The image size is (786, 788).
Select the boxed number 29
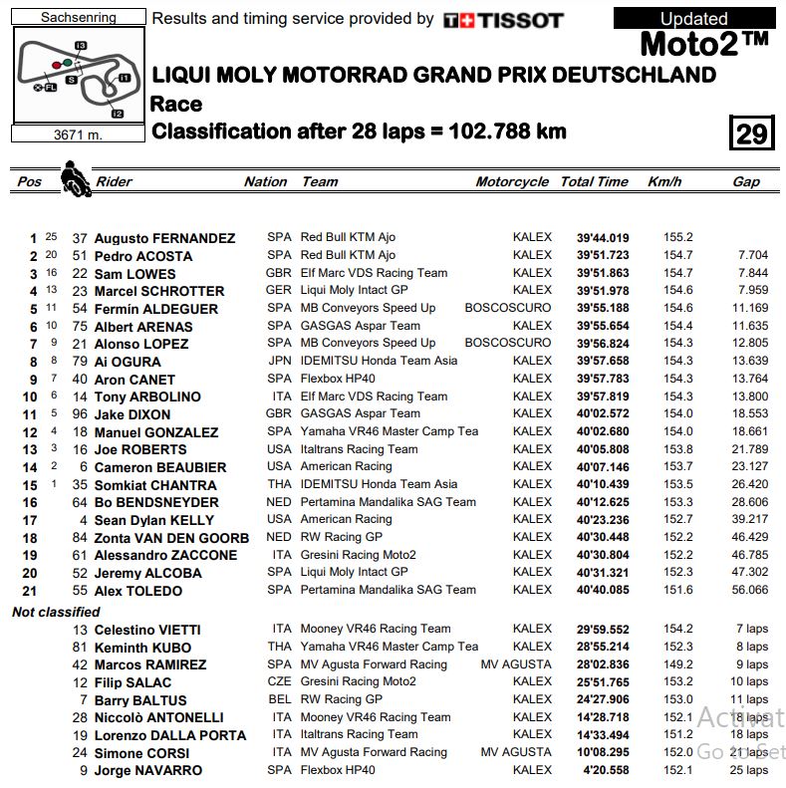[x=750, y=132]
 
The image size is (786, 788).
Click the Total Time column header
[x=594, y=182]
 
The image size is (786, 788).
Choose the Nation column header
[x=265, y=182]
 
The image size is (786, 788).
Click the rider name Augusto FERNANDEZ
[x=164, y=238]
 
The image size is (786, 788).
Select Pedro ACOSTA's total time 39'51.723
[x=603, y=256]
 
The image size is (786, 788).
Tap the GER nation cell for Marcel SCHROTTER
[x=280, y=291]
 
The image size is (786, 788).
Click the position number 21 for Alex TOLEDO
[x=29, y=590]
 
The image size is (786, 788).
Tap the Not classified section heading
[x=56, y=612]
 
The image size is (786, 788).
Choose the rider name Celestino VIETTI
[x=147, y=630]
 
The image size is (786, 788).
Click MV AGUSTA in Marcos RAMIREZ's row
[x=515, y=664]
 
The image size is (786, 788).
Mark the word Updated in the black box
[x=693, y=18]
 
